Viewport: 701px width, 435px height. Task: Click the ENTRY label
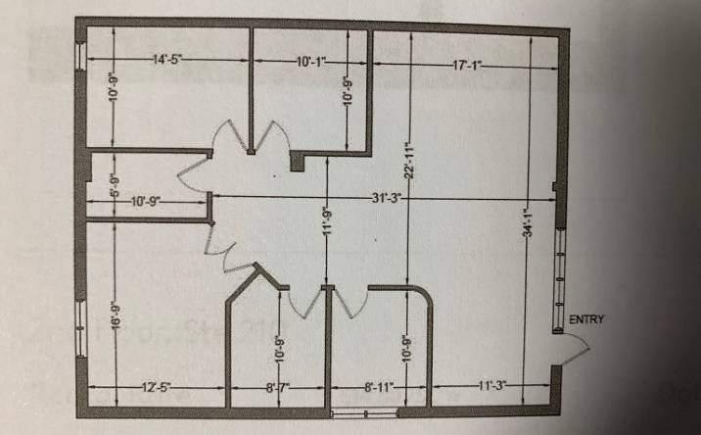(x=587, y=318)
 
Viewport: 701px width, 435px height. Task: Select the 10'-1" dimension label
(x=310, y=63)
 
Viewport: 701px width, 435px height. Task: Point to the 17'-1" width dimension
(x=468, y=65)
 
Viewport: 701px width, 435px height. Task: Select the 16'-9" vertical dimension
(x=116, y=318)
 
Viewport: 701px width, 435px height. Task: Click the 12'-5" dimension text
(x=156, y=387)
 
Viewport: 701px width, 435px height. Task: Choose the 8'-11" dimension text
(x=377, y=387)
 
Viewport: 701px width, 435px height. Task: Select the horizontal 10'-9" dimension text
(x=144, y=201)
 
